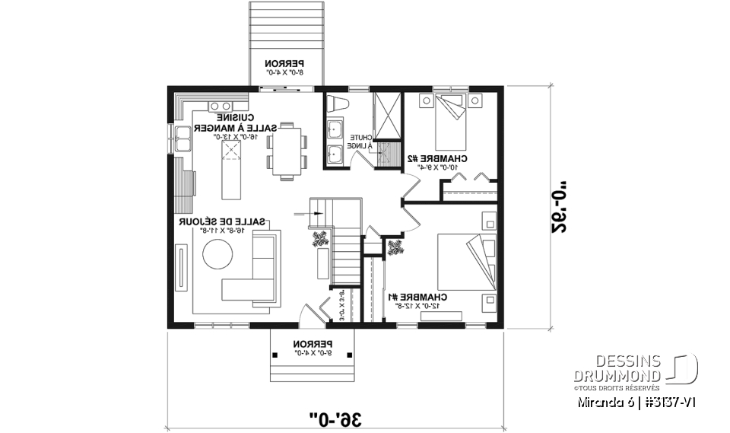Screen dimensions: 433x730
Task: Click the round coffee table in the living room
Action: click(x=217, y=254)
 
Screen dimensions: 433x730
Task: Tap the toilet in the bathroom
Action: click(x=336, y=103)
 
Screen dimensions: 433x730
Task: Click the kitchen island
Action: click(x=229, y=161)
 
